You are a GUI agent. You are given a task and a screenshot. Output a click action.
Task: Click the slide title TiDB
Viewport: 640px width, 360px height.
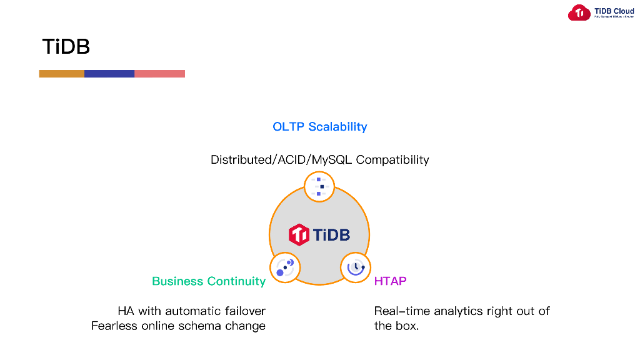(66, 47)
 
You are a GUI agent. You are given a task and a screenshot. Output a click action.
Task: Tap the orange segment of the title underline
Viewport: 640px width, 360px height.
(61, 74)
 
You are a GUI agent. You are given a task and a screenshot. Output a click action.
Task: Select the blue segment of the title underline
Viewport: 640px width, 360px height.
(109, 74)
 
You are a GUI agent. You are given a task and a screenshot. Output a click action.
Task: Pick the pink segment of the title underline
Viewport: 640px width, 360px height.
(160, 74)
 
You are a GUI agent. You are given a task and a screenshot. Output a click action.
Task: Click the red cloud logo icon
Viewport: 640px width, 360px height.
(579, 12)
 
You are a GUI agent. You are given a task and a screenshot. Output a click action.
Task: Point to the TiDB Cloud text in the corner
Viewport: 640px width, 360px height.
(614, 11)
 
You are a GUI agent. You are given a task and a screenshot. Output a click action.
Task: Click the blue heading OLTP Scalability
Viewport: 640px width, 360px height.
(320, 127)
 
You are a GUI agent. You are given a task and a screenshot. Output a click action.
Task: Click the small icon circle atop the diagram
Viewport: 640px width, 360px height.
(319, 187)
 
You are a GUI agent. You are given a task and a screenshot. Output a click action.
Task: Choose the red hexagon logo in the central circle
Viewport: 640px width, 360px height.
(299, 235)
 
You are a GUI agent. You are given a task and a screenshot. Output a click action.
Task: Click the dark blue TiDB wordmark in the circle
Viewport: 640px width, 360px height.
(331, 235)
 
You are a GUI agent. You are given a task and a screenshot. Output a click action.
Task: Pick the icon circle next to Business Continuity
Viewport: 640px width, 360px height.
(285, 267)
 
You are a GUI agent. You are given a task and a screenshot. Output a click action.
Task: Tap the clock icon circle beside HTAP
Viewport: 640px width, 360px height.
(356, 267)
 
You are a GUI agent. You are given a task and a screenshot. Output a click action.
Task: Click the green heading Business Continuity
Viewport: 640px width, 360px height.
(209, 281)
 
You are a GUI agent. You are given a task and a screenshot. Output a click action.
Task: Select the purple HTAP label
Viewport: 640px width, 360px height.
(390, 281)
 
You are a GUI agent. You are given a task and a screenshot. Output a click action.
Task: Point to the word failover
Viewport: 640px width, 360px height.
(244, 311)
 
